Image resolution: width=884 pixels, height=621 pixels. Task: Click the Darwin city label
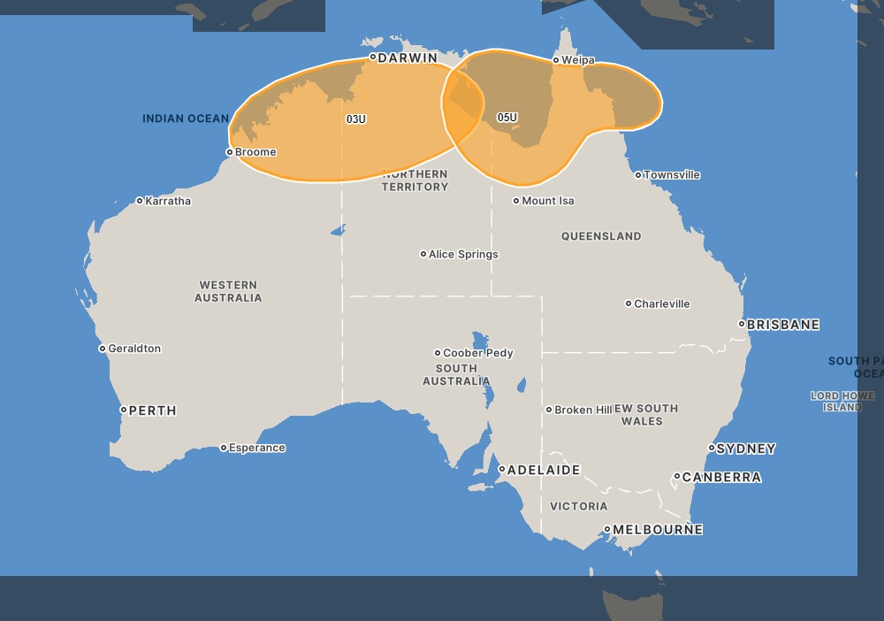(408, 57)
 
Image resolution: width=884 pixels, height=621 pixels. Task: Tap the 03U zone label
(355, 119)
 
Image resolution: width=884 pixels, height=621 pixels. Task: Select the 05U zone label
(507, 117)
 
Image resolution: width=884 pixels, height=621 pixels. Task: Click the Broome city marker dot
(230, 152)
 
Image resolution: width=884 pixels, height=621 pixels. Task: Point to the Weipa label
(578, 60)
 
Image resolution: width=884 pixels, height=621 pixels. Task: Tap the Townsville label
(672, 175)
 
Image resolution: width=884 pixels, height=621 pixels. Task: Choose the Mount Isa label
(548, 201)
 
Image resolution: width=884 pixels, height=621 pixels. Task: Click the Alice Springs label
(463, 254)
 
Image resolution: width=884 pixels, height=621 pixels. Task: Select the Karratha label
(168, 201)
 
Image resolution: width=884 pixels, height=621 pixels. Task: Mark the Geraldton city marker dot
(103, 349)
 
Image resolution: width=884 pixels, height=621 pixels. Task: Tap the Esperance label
(256, 448)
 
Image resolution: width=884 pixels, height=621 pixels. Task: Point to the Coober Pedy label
(477, 353)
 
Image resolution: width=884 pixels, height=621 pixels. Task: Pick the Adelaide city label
(544, 470)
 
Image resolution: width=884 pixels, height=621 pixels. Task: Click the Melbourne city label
(658, 530)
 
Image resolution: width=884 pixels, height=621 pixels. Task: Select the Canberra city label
(722, 477)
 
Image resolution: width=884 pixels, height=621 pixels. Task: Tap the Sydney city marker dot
(712, 448)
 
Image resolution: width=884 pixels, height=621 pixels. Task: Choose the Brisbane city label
(783, 325)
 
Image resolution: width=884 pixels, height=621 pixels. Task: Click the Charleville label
(662, 303)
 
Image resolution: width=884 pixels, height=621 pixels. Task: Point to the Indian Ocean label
(186, 119)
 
